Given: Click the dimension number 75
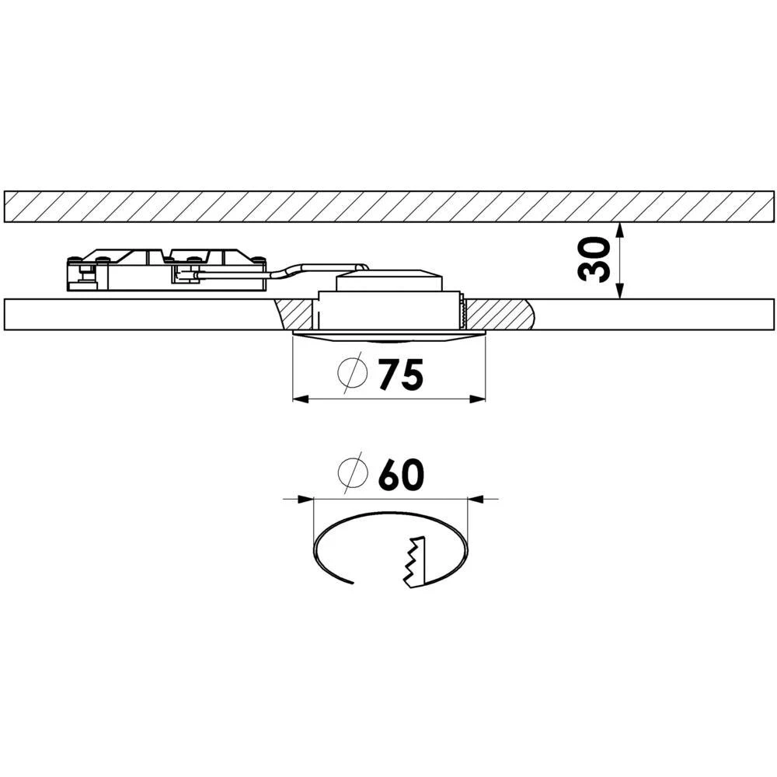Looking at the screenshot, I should [401, 375].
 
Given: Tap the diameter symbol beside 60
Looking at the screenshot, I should [352, 474].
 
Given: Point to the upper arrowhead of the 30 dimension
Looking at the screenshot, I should [618, 228].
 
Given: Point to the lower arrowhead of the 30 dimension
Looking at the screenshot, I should [618, 293].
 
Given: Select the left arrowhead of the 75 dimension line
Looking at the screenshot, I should [298, 399].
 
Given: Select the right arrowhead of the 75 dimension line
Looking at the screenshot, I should [479, 399].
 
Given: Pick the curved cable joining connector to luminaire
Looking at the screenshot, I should [311, 269].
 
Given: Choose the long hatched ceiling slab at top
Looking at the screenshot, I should [388, 207].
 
